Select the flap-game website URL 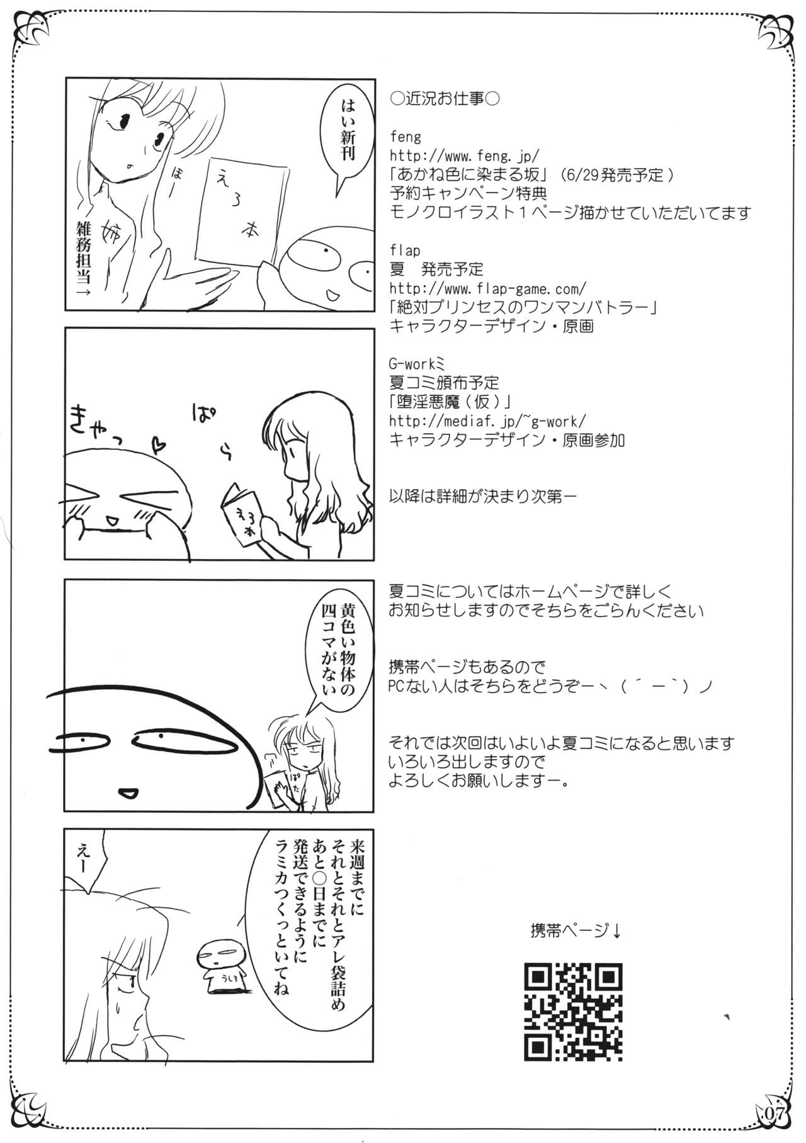click(x=489, y=288)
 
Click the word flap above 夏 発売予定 click(x=405, y=251)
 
